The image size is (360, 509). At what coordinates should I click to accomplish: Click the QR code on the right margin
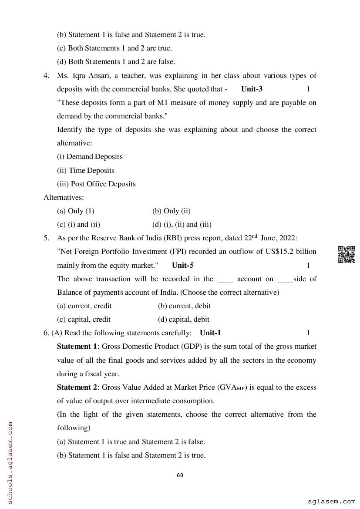click(x=346, y=254)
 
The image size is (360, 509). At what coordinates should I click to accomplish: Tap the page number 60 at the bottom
click(x=180, y=475)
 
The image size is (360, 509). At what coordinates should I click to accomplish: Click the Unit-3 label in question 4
click(x=252, y=89)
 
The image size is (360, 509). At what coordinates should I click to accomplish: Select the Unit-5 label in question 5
click(x=183, y=265)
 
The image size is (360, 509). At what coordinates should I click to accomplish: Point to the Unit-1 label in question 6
click(x=210, y=333)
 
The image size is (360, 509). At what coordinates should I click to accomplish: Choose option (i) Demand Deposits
click(x=90, y=156)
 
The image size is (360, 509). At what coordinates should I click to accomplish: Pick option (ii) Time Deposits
click(x=86, y=170)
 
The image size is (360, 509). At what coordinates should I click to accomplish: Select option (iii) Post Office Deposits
click(x=96, y=184)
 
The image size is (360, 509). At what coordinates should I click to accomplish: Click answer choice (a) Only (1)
click(x=76, y=211)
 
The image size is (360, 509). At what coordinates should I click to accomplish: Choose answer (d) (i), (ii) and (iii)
click(x=182, y=225)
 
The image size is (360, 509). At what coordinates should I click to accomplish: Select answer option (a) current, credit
click(x=84, y=306)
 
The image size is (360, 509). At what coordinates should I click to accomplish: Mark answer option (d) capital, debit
click(x=183, y=319)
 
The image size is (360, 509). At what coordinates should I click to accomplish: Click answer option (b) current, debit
click(x=184, y=306)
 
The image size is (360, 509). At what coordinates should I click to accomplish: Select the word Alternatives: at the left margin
click(x=64, y=197)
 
